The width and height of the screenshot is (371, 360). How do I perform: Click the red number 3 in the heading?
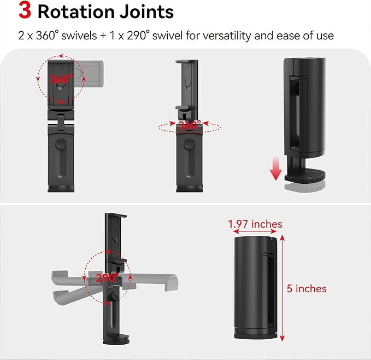25,10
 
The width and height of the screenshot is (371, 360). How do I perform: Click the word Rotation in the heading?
76,11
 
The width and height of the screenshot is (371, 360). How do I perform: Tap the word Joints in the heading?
146,11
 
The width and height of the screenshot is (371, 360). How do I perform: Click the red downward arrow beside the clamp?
275,169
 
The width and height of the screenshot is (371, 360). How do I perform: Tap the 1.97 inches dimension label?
255,224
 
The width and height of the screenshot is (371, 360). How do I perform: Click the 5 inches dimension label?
307,288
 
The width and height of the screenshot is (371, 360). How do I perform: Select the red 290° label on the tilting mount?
108,277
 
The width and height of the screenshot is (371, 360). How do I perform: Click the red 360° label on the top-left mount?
61,79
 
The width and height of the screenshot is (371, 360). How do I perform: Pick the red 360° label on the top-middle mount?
190,125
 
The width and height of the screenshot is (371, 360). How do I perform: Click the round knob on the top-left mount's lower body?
61,144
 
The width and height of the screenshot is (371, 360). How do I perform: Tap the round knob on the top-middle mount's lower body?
189,144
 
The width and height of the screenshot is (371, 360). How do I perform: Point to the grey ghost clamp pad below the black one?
305,187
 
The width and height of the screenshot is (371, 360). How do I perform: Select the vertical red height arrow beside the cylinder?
282,288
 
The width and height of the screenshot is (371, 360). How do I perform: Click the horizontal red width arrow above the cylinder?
255,231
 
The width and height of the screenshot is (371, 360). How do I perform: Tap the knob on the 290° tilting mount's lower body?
113,295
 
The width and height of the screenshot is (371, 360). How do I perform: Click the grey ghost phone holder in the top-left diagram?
89,74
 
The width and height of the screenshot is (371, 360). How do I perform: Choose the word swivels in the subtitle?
79,36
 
